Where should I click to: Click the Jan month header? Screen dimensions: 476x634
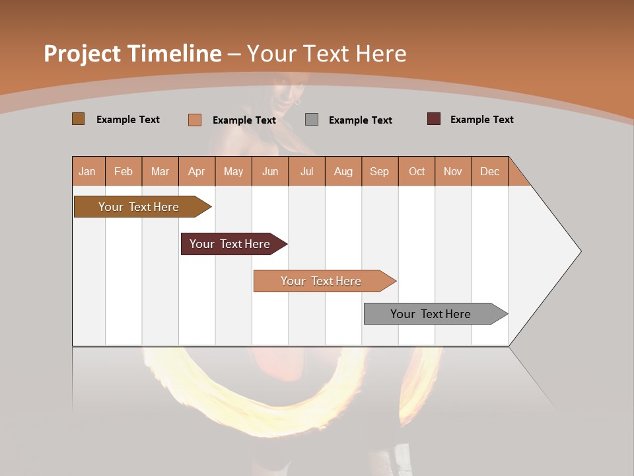click(87, 171)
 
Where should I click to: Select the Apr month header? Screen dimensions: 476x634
click(197, 171)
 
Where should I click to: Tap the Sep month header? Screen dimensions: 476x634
click(379, 171)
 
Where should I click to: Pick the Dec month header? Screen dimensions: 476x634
click(489, 171)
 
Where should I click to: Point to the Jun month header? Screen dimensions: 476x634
click(270, 171)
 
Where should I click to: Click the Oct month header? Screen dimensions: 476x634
click(417, 171)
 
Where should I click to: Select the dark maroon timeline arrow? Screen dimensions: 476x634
click(231, 244)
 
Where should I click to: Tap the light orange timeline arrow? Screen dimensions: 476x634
click(322, 281)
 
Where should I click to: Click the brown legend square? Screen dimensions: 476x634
click(78, 119)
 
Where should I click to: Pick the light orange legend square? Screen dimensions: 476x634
click(194, 120)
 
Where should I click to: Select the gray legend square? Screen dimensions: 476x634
click(312, 120)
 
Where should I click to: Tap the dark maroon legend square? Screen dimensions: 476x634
click(433, 119)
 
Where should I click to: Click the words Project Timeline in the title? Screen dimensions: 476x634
click(132, 54)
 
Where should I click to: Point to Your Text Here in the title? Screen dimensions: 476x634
click(326, 54)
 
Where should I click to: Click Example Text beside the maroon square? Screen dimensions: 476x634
click(481, 120)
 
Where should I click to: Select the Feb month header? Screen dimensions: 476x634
click(123, 171)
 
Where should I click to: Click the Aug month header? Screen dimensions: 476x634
click(343, 171)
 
